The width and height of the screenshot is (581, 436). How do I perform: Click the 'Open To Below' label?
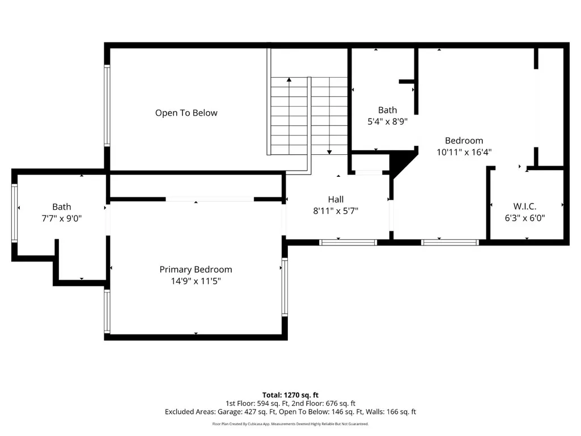[186, 113]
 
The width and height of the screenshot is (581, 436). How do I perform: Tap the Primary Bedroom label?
[196, 269]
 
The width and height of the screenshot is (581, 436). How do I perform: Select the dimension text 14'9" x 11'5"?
[196, 281]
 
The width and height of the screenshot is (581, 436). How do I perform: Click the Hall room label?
[336, 200]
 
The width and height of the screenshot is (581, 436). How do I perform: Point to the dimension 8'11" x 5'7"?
[336, 211]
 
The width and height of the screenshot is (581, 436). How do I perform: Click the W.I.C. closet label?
[525, 206]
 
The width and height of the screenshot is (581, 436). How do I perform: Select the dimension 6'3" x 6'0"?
[525, 218]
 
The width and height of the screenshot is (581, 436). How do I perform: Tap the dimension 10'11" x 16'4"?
[464, 152]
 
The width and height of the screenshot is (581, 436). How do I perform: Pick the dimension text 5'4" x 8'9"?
[388, 121]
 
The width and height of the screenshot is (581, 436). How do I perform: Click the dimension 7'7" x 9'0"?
[62, 218]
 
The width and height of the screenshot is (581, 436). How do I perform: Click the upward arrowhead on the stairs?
[289, 79]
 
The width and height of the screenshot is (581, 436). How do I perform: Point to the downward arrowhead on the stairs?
[329, 152]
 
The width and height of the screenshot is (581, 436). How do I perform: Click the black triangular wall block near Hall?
[402, 164]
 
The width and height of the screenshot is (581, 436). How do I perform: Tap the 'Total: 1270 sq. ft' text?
[290, 395]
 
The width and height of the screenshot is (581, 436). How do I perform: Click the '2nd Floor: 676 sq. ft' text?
[324, 403]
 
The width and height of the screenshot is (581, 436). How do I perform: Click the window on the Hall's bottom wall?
[348, 243]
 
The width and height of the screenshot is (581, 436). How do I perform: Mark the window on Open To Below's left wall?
[107, 105]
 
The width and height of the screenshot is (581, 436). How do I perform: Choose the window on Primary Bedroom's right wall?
[285, 287]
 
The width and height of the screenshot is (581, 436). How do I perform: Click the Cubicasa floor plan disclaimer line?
[290, 424]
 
